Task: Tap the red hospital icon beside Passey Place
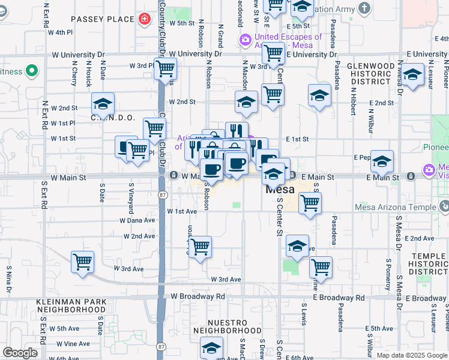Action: pos(144,19)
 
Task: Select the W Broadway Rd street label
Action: pos(197,296)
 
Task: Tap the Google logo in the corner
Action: pos(20,353)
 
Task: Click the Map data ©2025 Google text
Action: pos(412,355)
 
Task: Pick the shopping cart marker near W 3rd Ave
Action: pos(82,262)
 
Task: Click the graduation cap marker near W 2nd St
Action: pos(103,103)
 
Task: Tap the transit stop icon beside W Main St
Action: pos(173,176)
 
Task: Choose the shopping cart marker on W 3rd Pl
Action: pos(165,68)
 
